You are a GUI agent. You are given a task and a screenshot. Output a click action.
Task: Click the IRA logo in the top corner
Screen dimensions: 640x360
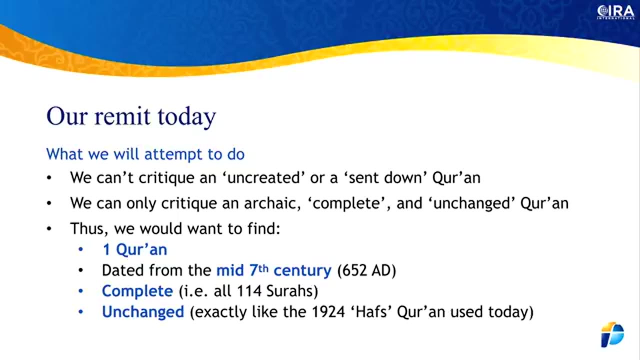point(615,12)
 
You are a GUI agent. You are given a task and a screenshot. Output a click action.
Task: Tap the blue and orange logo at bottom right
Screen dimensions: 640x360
point(612,334)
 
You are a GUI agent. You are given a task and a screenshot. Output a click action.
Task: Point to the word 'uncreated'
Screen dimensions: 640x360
point(263,177)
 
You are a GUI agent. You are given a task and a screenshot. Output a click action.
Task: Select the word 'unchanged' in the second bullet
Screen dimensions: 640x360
point(472,203)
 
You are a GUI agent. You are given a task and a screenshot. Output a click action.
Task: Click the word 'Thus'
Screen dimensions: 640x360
point(89,228)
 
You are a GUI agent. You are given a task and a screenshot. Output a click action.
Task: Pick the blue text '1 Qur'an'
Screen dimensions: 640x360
point(135,249)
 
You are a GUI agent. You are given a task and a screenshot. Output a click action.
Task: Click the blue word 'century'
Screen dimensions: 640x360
point(302,270)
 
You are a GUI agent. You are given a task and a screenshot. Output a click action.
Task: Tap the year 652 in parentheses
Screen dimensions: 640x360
point(355,270)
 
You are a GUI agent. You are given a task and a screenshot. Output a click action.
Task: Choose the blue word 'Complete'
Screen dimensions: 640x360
point(137,291)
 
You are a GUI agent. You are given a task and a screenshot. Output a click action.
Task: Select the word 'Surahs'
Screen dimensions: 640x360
point(290,291)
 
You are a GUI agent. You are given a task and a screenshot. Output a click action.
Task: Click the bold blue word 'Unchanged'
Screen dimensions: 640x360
point(143,312)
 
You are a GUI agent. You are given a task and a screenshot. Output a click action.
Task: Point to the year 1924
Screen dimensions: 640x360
point(328,312)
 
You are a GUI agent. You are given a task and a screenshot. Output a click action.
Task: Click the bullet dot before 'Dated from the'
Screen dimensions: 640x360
point(81,270)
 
